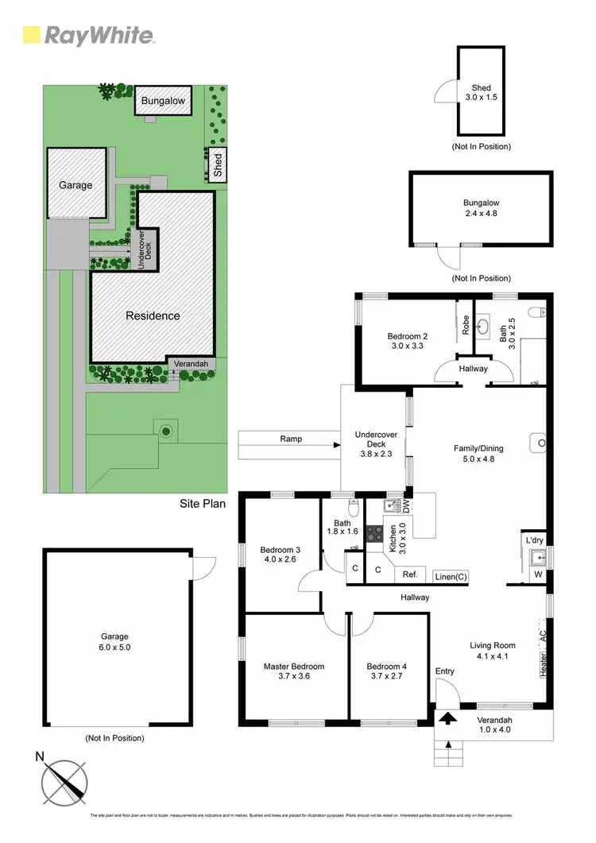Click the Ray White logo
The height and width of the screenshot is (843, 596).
[x=88, y=35]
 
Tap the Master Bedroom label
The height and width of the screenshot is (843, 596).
[x=294, y=672]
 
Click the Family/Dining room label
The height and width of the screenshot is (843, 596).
[x=478, y=454]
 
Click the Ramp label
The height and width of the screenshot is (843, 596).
[x=291, y=439]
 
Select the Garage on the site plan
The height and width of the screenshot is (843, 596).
[x=75, y=184]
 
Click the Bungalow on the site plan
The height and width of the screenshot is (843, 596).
[x=163, y=101]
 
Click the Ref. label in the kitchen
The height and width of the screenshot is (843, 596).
[x=410, y=574]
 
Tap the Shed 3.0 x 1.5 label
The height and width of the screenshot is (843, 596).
[x=481, y=93]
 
